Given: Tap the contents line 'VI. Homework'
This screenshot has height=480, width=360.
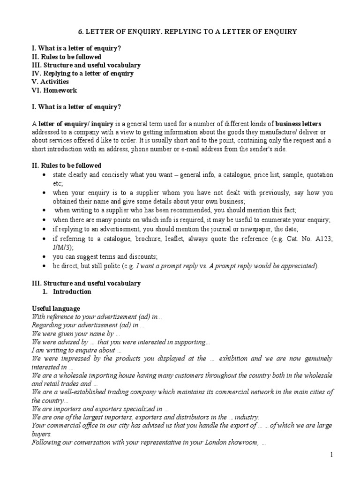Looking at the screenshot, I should tap(54, 90).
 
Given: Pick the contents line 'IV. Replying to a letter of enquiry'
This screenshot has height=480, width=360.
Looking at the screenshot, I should tap(82, 73).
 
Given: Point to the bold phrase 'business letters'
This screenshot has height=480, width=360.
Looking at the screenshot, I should tap(299, 124).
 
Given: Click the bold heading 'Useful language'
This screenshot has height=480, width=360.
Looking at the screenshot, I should tap(56, 308).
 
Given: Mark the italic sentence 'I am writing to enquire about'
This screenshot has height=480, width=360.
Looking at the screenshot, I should tap(76, 350).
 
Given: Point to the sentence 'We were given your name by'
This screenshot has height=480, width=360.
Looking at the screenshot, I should tap(75, 333).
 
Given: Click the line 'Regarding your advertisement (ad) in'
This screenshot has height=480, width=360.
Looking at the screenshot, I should tap(88, 325).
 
